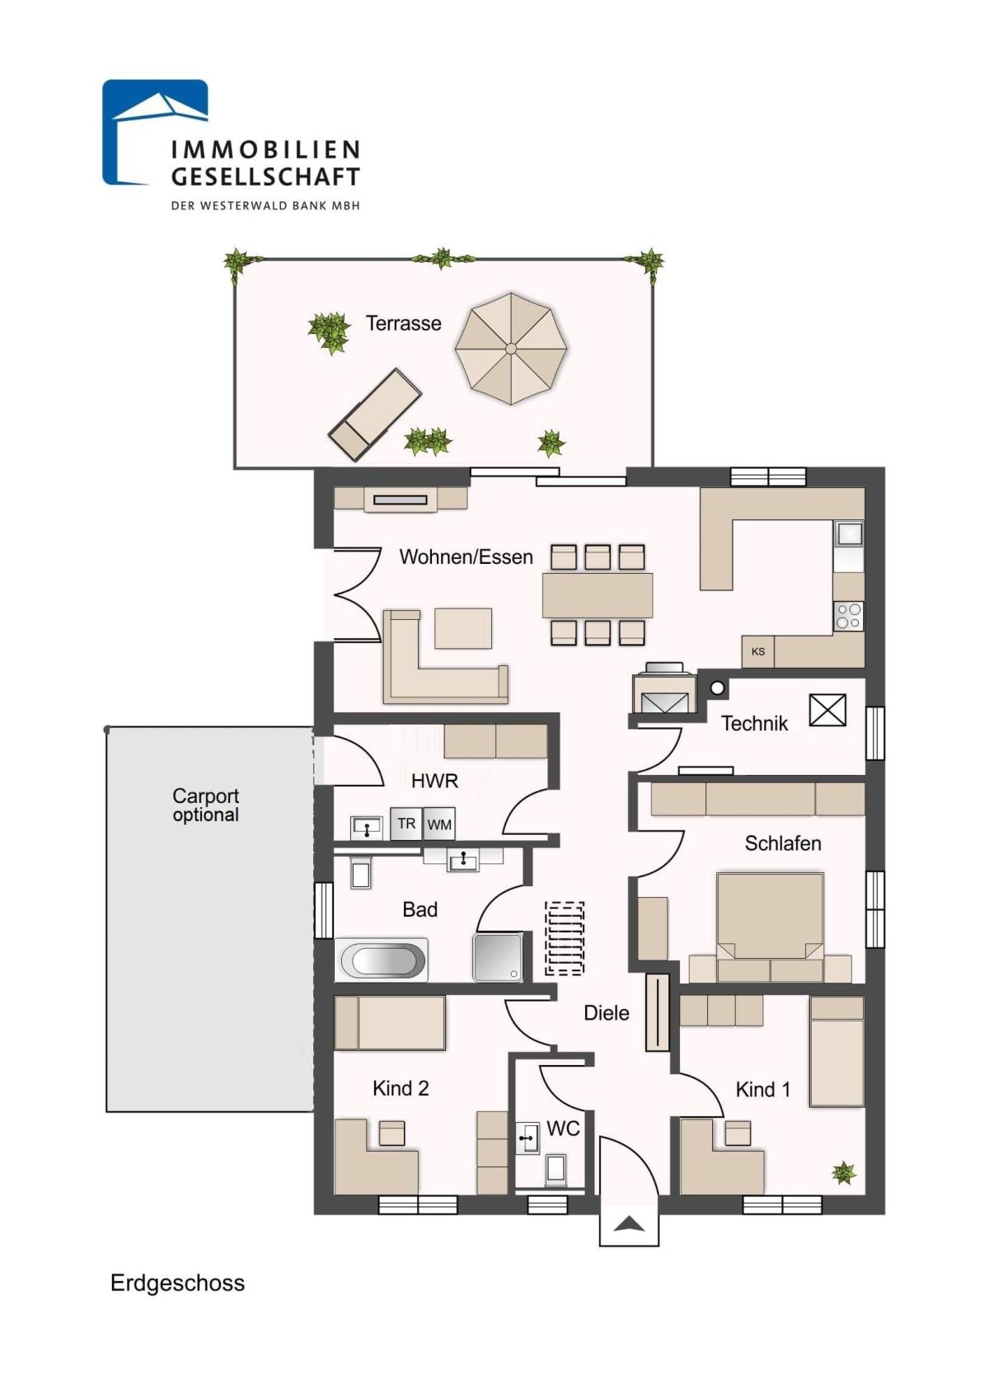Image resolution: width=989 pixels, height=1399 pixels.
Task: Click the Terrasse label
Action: (403, 323)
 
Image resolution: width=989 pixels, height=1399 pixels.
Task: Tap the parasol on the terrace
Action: (511, 349)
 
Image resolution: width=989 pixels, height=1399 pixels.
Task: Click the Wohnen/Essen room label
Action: (466, 556)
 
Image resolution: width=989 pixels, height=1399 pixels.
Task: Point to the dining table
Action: (598, 594)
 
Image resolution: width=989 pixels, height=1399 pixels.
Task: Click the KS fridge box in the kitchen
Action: (758, 651)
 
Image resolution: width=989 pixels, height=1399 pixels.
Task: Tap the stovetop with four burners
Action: (849, 616)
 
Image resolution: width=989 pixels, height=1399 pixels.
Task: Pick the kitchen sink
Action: (849, 535)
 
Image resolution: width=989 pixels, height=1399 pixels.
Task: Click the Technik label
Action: (754, 723)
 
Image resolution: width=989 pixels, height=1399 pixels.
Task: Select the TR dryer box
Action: (405, 824)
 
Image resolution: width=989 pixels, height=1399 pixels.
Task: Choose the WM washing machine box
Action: (439, 824)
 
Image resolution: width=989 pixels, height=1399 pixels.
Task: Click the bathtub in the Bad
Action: (381, 959)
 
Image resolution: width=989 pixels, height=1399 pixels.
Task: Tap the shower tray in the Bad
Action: (498, 957)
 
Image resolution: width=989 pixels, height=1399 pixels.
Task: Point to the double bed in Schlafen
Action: (770, 927)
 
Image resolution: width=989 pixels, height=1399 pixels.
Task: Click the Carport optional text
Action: (205, 805)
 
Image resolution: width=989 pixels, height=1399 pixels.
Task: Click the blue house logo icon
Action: (155, 132)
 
